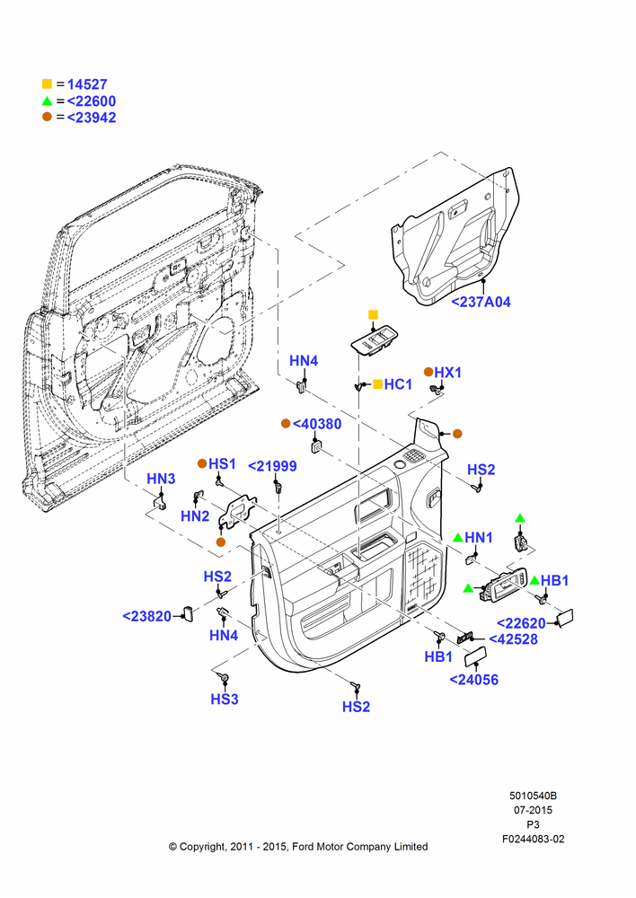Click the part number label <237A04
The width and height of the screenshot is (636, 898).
pyautogui.click(x=481, y=302)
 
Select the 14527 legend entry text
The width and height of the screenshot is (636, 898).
pyautogui.click(x=87, y=84)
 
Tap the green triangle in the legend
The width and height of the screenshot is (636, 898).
pyautogui.click(x=47, y=101)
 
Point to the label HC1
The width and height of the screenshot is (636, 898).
pyautogui.click(x=398, y=384)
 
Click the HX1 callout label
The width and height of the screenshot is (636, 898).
pyautogui.click(x=447, y=373)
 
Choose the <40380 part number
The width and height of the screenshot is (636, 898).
pyautogui.click(x=317, y=424)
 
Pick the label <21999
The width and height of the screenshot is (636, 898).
pyautogui.click(x=272, y=466)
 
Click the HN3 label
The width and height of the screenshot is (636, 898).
pyautogui.click(x=161, y=479)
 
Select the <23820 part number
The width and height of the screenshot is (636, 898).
pyautogui.click(x=147, y=616)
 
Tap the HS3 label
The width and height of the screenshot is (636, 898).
pyautogui.click(x=224, y=700)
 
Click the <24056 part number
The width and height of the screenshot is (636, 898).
pyautogui.click(x=473, y=680)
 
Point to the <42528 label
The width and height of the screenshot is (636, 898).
pyautogui.click(x=514, y=639)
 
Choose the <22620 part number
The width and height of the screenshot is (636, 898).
pyautogui.click(x=521, y=623)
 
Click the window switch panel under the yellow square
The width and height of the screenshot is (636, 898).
pyautogui.click(x=375, y=341)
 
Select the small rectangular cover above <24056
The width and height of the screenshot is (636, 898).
pyautogui.click(x=475, y=656)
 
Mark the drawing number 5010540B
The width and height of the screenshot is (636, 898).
pyautogui.click(x=533, y=796)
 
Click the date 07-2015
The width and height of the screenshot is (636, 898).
pyautogui.click(x=533, y=810)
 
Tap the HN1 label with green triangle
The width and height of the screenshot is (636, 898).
pyautogui.click(x=479, y=537)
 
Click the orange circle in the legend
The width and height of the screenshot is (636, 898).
pyautogui.click(x=47, y=117)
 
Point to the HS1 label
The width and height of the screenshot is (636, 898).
pyautogui.click(x=222, y=463)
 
